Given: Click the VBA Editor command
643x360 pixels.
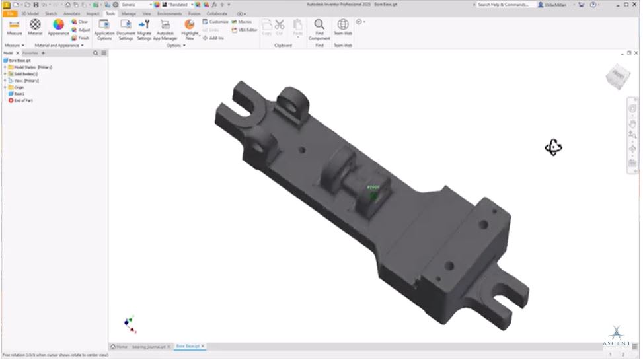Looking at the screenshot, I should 245,30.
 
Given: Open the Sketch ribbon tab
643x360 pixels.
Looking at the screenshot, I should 51,13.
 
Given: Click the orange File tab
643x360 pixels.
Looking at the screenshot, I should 10,13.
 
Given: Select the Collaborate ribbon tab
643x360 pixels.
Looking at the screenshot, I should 217,13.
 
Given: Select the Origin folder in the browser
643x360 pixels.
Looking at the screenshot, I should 19,87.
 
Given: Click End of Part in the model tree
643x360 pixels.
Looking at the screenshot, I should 22,100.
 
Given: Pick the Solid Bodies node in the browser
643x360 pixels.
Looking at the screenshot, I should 25,74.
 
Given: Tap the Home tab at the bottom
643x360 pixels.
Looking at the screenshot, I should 120,346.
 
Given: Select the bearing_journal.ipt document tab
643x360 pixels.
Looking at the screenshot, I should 151,346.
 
